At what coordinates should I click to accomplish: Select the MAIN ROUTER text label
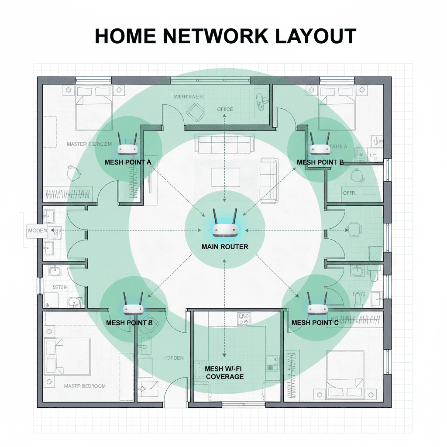click(x=225, y=247)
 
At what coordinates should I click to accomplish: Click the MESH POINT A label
click(x=128, y=162)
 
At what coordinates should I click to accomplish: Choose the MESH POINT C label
click(x=315, y=323)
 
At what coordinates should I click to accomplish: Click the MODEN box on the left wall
click(x=37, y=230)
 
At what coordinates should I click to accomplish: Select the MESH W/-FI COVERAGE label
click(x=224, y=372)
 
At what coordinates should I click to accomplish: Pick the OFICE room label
click(x=225, y=109)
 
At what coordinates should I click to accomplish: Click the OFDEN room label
click(x=174, y=358)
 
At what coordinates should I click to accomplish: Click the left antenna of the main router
click(x=216, y=217)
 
